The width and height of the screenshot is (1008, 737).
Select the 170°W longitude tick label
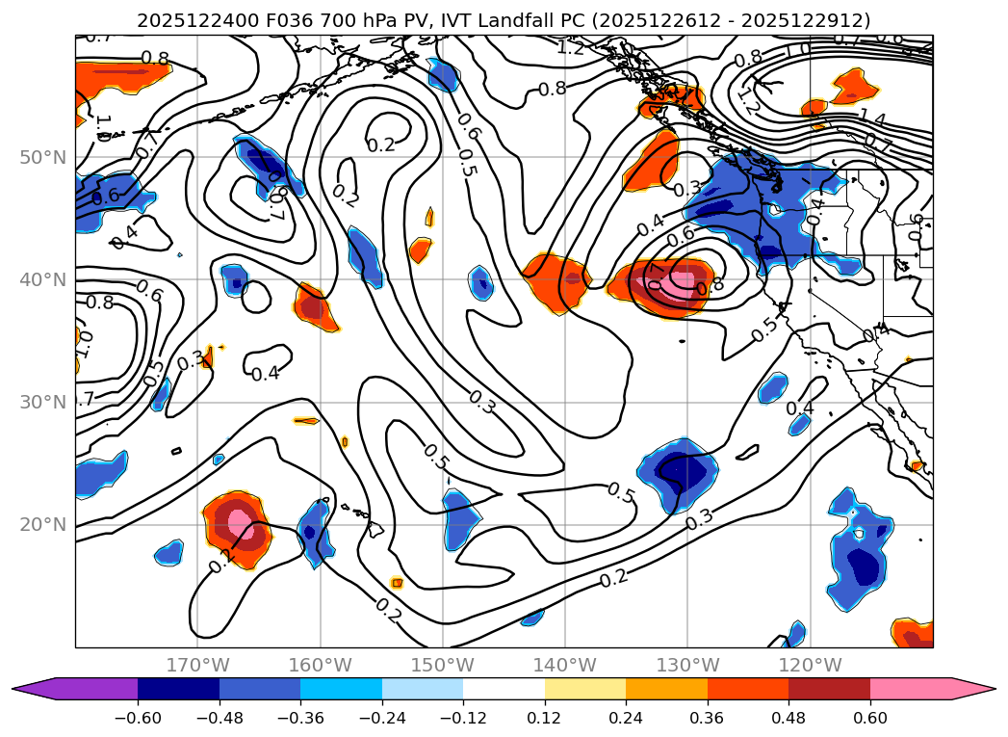197,665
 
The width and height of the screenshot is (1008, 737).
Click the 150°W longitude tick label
443,665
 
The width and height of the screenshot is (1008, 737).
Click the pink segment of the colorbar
911,689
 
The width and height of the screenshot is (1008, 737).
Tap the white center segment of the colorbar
504,689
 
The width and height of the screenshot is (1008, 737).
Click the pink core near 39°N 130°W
682,283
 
